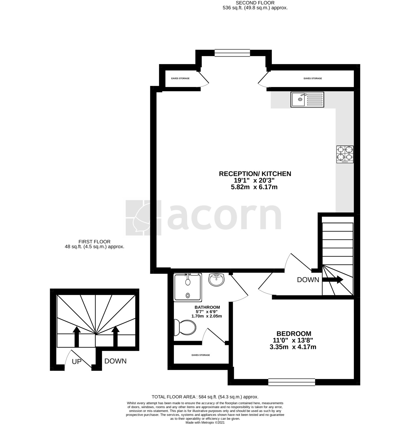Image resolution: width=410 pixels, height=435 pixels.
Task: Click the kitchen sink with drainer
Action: [307, 100]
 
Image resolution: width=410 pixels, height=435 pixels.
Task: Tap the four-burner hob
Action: [345, 155]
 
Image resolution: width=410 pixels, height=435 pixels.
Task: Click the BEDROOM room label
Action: [294, 334]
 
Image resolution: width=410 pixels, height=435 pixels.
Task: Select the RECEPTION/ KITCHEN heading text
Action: [255, 174]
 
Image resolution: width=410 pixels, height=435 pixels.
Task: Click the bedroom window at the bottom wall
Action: [292, 382]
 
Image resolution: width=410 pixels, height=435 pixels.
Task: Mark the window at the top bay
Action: [232, 53]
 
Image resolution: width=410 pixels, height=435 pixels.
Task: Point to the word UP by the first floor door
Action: [77, 362]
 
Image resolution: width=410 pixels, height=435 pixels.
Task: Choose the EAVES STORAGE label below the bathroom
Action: [201, 355]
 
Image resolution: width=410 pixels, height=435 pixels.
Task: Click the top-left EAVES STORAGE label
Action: [180, 78]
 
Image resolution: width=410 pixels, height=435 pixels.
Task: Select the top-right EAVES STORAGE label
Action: [313, 78]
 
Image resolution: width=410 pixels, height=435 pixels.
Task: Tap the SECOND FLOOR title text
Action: [255, 3]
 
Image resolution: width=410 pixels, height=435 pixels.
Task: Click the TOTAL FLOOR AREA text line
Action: [205, 397]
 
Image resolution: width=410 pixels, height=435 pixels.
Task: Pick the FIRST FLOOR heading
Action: [94, 242]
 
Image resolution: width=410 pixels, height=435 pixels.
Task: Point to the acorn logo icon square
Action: [143, 218]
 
